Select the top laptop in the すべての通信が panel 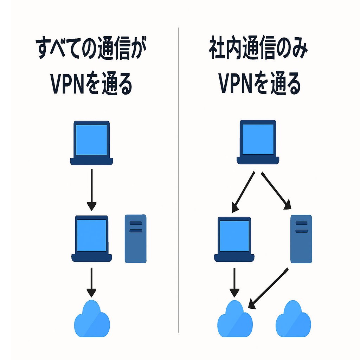(x=91, y=142)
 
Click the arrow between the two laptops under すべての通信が (x=91, y=190)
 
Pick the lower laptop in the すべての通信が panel (x=91, y=239)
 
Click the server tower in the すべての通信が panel (x=136, y=239)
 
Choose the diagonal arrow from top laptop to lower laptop (x=243, y=192)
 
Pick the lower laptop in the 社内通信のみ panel (x=234, y=239)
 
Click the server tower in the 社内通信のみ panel (x=301, y=239)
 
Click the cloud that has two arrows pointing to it (x=235, y=320)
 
